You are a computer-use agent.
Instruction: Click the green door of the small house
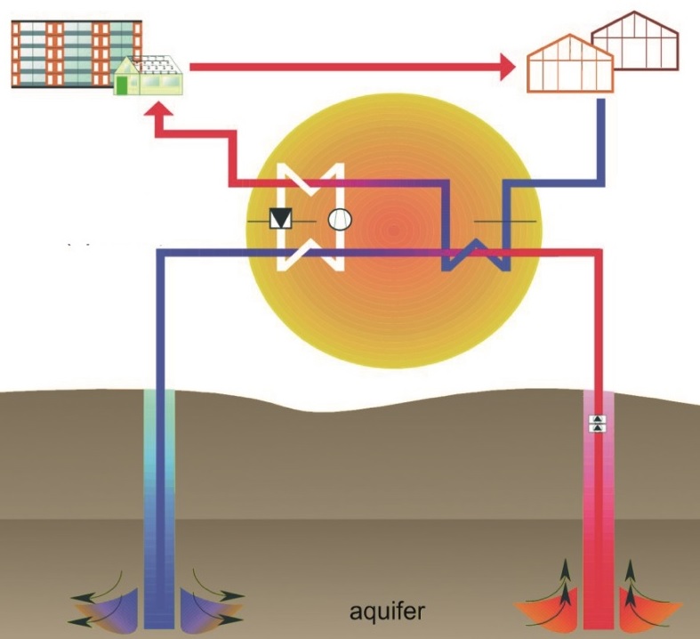tap(122, 85)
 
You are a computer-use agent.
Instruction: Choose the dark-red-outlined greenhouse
tap(637, 42)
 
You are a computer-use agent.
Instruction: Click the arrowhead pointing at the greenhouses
tap(508, 66)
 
